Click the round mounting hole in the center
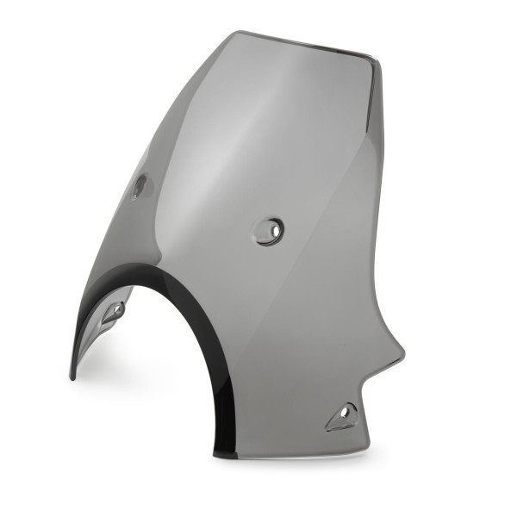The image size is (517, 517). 270,230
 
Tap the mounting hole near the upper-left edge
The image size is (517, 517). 140,185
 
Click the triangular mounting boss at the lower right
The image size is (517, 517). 342,417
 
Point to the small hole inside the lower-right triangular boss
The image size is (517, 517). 346,414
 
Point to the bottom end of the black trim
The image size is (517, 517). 224,451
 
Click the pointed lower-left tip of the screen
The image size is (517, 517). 72,376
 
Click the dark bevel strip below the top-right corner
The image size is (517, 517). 374,95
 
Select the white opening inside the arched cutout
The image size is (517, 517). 155,379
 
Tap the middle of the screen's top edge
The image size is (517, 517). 302,44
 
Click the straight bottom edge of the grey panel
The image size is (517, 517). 293,455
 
